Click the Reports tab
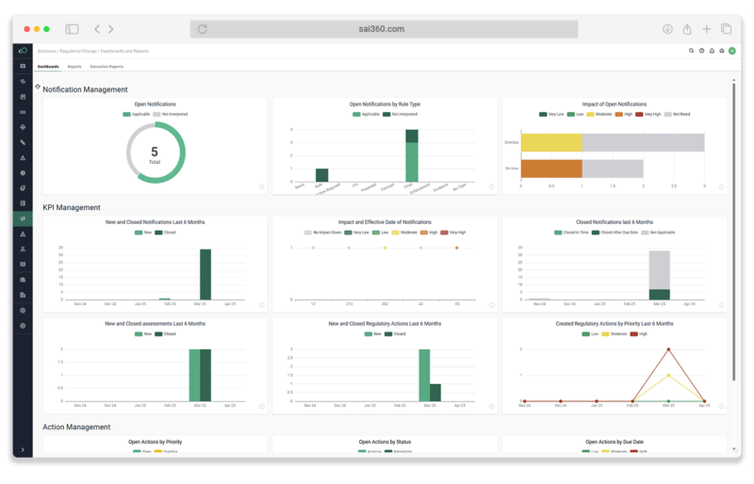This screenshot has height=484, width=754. tap(74, 67)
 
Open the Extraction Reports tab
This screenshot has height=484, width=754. tap(107, 67)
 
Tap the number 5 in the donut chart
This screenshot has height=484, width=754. tap(155, 151)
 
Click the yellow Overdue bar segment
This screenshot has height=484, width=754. tap(551, 142)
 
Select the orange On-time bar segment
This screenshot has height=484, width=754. tap(551, 169)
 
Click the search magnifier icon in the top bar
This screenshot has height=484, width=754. tap(691, 51)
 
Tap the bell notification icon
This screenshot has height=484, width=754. tap(712, 51)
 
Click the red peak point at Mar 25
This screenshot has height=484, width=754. tap(668, 349)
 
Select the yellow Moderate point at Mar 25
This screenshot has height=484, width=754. tap(668, 375)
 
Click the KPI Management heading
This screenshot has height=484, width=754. tap(72, 207)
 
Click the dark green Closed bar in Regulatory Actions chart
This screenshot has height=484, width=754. tap(434, 392)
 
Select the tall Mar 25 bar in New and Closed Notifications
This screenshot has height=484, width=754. tap(205, 274)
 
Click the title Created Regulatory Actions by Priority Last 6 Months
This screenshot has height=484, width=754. tap(615, 323)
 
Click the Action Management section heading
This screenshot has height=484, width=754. tap(76, 427)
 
